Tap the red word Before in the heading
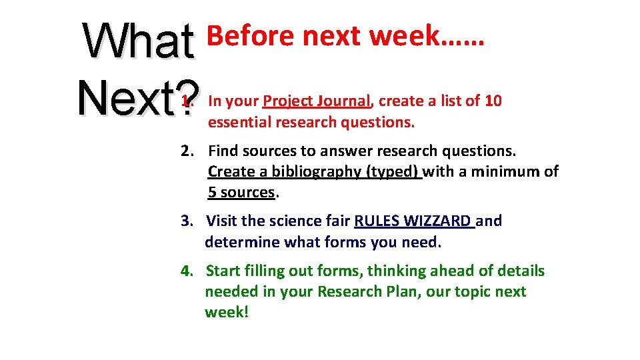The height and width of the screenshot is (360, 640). tap(251, 36)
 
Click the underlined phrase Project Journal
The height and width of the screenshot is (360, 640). tap(316, 101)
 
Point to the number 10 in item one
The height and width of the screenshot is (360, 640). tap(493, 101)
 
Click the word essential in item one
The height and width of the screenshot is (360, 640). tap(236, 122)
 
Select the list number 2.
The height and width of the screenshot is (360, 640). tap(187, 151)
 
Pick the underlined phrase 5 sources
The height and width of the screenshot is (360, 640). tap(241, 193)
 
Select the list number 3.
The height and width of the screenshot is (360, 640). tap(187, 221)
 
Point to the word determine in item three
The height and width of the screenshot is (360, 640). tap(242, 242)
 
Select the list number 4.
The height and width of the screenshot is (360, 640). tap(187, 271)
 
